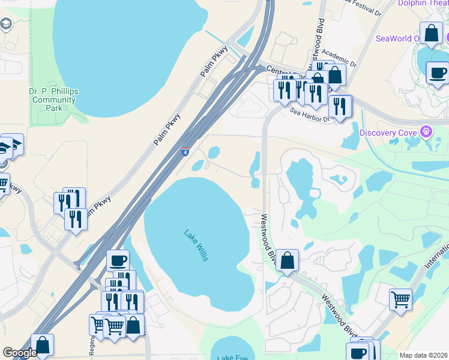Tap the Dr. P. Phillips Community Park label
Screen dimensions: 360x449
[54, 100]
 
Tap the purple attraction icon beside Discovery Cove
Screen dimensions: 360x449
[427, 131]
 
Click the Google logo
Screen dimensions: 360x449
[20, 353]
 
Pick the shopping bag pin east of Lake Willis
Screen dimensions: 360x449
[288, 260]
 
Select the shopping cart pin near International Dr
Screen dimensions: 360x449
[400, 299]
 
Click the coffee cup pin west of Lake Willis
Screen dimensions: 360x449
[118, 260]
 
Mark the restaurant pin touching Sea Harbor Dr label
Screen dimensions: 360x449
[340, 107]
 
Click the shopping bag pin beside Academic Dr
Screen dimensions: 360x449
[335, 75]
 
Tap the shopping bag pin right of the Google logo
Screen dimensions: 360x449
[43, 345]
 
